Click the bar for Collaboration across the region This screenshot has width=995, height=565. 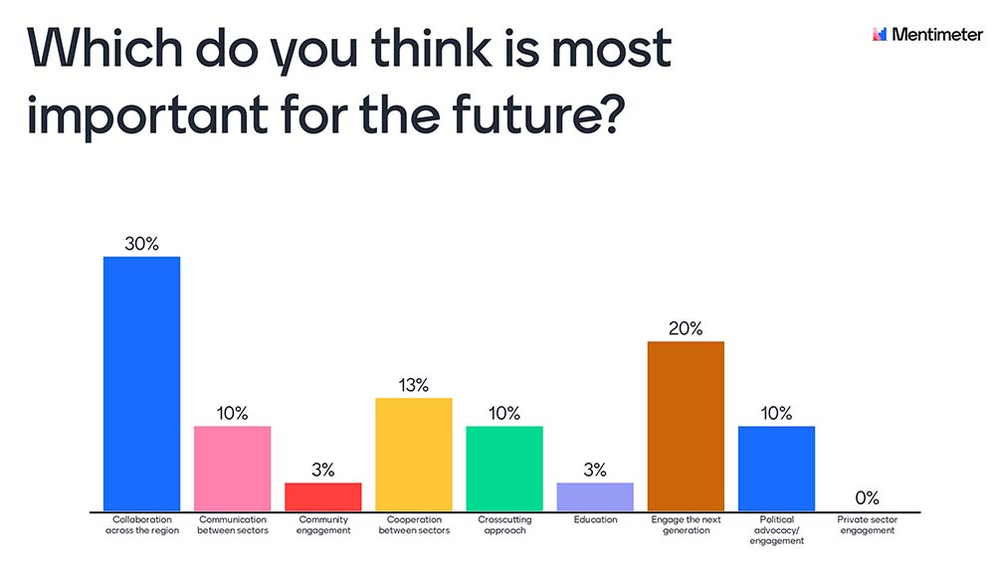[142, 384]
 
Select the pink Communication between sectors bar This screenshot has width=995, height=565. [232, 469]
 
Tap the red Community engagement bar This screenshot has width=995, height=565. [323, 496]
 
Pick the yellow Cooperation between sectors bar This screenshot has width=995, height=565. [414, 455]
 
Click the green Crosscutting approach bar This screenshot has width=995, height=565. [504, 469]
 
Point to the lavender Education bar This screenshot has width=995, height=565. [595, 496]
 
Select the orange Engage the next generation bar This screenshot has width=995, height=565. [686, 426]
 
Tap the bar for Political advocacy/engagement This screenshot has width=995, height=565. [776, 469]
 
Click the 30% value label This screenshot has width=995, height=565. [142, 243]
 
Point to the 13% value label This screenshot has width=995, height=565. [414, 385]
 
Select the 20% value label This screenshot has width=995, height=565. [686, 328]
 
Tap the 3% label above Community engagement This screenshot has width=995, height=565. [323, 470]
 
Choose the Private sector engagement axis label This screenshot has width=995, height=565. [867, 525]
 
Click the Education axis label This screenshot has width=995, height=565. [595, 520]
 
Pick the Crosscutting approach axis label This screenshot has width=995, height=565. [504, 525]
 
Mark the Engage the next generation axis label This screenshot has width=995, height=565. [686, 525]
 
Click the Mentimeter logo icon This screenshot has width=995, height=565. [879, 35]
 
